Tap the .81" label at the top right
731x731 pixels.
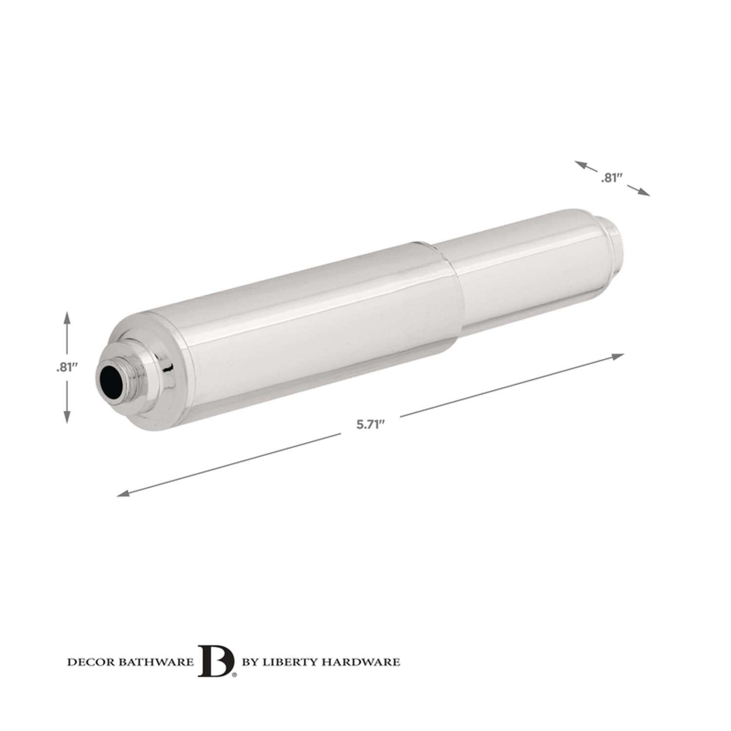(612, 178)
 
